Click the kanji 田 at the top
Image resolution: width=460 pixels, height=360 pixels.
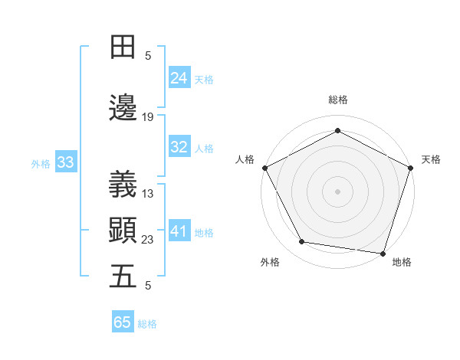(123, 47)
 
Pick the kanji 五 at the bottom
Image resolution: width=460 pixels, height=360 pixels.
(123, 276)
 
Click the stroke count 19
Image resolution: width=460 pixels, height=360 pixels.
(148, 117)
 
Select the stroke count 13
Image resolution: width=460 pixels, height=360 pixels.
(148, 194)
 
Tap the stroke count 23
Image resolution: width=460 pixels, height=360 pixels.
(148, 240)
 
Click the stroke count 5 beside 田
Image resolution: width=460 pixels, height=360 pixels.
(148, 56)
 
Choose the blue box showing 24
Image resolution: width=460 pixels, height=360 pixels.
(179, 77)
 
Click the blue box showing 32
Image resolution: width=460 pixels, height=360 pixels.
(179, 147)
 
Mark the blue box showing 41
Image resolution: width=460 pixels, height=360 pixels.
(179, 231)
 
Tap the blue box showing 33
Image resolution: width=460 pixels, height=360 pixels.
(65, 162)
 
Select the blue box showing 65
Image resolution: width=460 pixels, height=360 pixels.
(123, 322)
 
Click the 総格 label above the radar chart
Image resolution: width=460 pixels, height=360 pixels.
(338, 100)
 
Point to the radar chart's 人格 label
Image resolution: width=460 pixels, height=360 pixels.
(245, 159)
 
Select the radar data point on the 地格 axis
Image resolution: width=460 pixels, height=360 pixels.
(383, 253)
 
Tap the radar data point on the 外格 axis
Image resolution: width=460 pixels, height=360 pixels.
(302, 242)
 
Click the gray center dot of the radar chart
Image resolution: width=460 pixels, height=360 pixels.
(338, 191)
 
